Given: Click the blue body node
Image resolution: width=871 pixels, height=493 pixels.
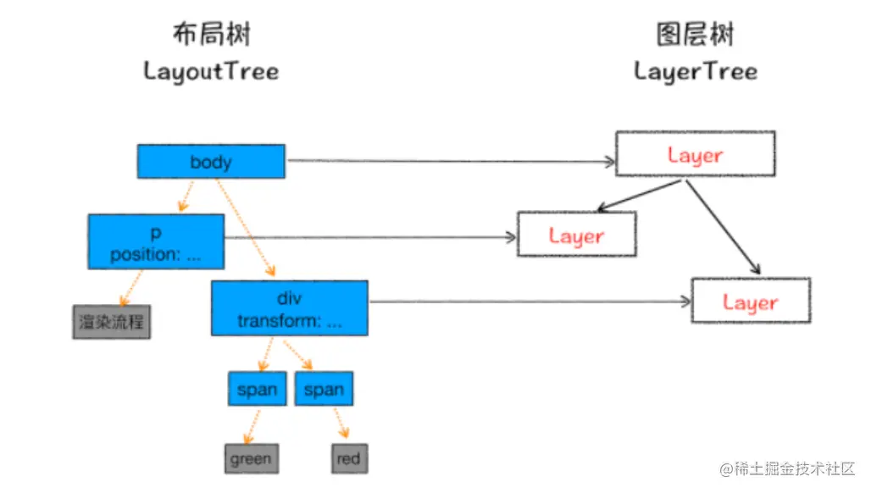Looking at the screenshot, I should [x=211, y=161].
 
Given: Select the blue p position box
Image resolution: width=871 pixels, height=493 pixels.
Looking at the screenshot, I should [x=156, y=241].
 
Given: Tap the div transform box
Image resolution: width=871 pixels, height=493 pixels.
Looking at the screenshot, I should [x=289, y=308].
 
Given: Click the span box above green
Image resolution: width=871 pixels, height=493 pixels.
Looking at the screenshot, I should [x=257, y=389].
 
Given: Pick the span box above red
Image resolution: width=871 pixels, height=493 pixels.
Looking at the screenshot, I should [x=324, y=389].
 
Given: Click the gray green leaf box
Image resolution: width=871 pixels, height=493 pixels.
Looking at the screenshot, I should [x=251, y=459].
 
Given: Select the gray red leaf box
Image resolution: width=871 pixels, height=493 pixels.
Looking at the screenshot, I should [x=347, y=459].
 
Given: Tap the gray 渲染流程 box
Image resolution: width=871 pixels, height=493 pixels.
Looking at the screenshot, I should [x=111, y=322].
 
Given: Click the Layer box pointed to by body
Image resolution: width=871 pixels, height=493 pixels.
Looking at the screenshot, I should [x=694, y=154].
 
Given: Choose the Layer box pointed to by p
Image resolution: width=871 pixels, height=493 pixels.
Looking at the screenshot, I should [x=576, y=235].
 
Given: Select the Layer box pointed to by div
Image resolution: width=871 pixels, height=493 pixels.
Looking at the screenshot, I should [x=751, y=301].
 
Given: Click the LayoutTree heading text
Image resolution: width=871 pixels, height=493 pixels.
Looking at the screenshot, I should [x=211, y=70].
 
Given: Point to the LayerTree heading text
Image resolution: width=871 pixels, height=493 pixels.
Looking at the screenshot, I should [x=696, y=70].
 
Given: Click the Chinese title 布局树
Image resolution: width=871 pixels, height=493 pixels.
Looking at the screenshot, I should [x=211, y=36].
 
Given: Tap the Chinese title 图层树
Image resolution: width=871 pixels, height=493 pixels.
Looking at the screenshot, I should [x=696, y=36].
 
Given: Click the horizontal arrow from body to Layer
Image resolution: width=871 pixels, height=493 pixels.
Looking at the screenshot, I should [x=449, y=160].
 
